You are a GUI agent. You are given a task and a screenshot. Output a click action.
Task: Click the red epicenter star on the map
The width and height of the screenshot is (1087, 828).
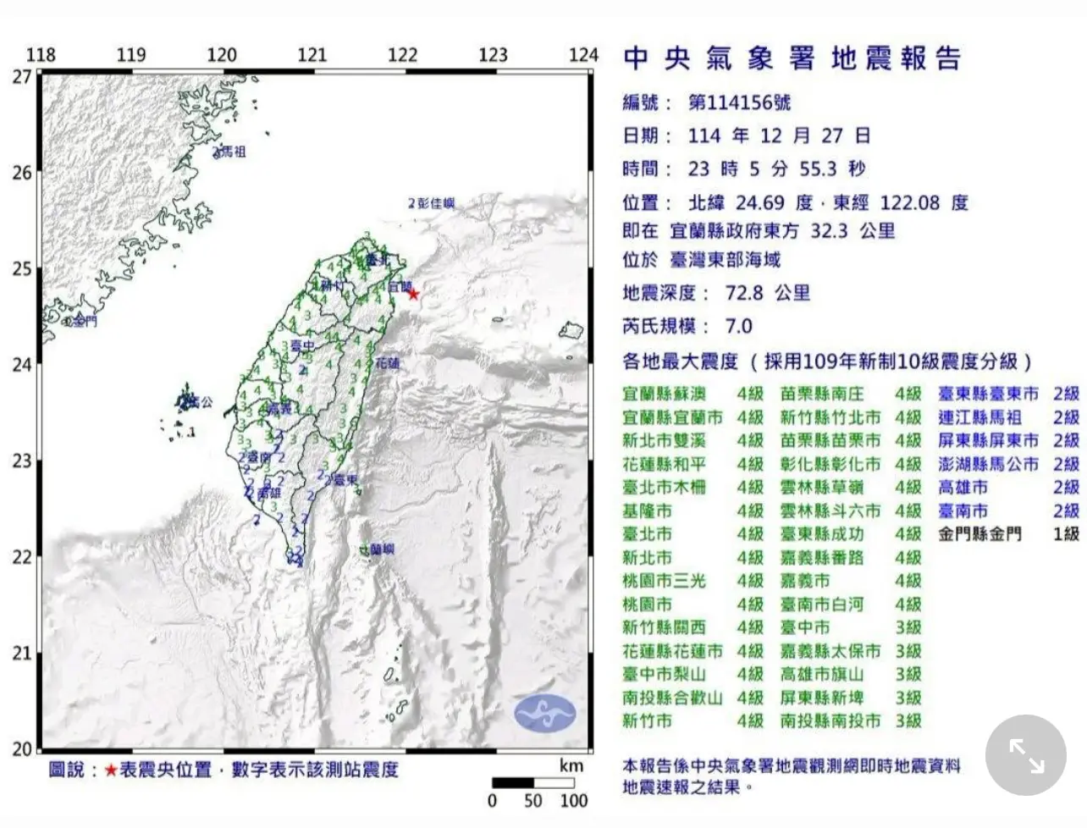click(413, 294)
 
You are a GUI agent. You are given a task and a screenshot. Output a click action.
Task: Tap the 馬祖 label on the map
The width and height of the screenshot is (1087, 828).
click(232, 152)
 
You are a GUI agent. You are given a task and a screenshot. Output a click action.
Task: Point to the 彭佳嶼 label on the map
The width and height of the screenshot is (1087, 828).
click(436, 203)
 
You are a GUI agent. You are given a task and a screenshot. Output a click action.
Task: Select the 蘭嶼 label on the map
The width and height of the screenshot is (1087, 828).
click(382, 549)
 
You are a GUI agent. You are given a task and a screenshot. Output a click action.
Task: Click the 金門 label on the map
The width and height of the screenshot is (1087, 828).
click(85, 322)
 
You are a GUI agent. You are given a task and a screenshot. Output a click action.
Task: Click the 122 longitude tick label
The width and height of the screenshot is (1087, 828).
click(402, 55)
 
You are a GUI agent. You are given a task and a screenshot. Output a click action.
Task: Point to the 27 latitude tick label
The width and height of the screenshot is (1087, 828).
click(22, 77)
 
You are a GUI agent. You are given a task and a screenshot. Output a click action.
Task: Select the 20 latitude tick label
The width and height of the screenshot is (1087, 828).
click(22, 748)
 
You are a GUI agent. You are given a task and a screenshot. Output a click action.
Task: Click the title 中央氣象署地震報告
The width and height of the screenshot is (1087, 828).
click(792, 58)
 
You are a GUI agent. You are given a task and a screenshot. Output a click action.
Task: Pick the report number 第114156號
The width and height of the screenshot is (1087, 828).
click(739, 103)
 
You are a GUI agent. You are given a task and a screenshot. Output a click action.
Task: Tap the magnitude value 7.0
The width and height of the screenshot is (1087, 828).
click(738, 326)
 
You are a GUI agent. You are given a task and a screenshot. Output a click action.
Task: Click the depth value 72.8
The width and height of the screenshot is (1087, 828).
click(743, 293)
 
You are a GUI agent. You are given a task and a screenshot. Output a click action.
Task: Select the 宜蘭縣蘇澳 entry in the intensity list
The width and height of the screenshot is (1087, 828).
click(664, 394)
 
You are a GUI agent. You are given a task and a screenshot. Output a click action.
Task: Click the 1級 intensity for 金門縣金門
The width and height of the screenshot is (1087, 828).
click(1066, 534)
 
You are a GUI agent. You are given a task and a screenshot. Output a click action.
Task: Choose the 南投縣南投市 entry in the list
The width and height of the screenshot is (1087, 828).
click(830, 721)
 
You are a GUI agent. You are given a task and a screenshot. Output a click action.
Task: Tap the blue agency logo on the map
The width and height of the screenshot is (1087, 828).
click(544, 714)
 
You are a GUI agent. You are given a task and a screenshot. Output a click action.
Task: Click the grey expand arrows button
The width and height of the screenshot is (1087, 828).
click(1026, 755)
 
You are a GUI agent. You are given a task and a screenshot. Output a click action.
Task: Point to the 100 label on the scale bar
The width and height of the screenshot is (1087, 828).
click(573, 800)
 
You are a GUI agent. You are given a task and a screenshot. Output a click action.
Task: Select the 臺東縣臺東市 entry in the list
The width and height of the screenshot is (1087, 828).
click(988, 394)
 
